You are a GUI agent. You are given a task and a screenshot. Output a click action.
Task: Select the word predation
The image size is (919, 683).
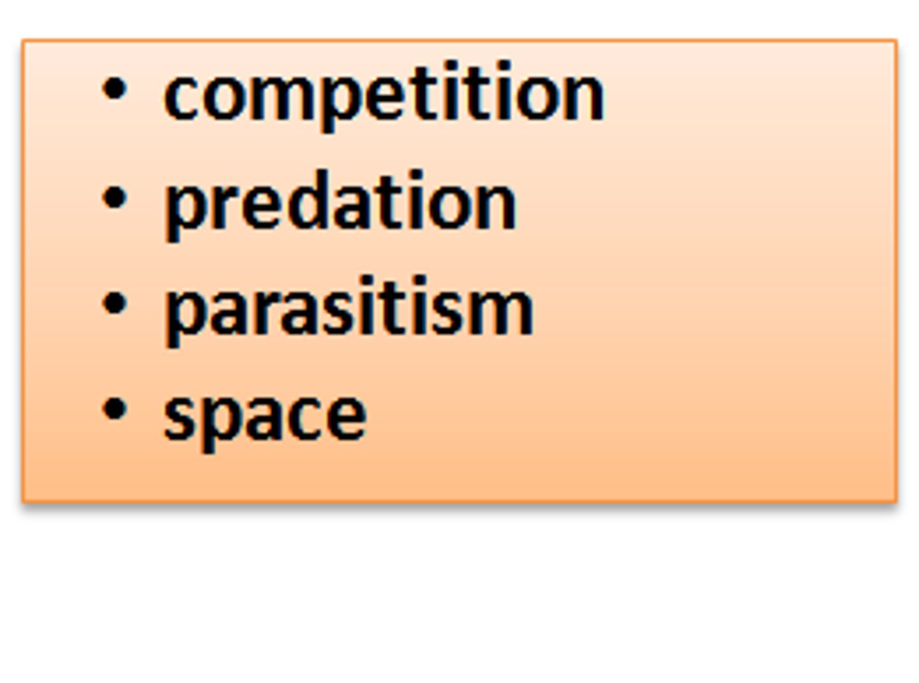coord(340,203)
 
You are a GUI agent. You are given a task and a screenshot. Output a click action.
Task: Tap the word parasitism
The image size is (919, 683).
coord(348,310)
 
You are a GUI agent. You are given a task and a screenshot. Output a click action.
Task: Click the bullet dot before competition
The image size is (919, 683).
coord(114,89)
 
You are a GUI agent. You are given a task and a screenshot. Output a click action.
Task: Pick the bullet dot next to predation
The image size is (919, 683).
coord(114,197)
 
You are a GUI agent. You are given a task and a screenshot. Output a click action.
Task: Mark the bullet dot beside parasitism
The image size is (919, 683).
coord(114,304)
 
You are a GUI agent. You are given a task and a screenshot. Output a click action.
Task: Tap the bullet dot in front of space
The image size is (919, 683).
coord(114,409)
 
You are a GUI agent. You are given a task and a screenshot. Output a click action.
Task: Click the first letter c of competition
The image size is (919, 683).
coord(181,97)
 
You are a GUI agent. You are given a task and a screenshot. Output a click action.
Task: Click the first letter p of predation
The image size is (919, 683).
coord(181,208)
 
